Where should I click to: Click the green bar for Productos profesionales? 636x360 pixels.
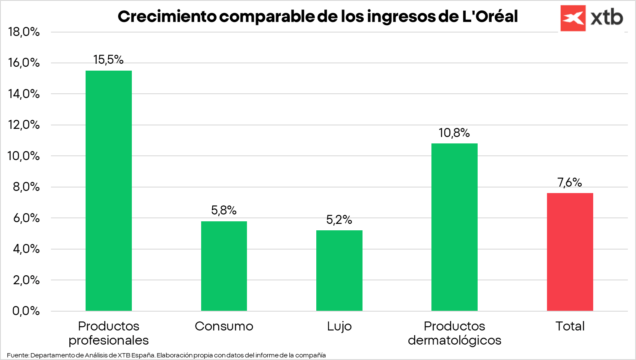click(109, 190)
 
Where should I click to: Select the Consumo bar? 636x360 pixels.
click(224, 266)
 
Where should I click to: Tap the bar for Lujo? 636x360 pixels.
click(339, 271)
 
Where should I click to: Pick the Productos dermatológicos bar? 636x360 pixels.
click(454, 227)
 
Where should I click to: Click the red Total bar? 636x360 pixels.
click(570, 252)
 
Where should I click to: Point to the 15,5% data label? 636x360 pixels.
click(109, 60)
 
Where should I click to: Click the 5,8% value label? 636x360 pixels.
click(224, 210)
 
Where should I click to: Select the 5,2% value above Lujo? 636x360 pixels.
click(339, 220)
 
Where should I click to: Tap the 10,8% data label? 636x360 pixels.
click(454, 133)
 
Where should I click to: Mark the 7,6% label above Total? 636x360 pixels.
click(570, 183)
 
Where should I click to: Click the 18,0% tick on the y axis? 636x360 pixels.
click(24, 32)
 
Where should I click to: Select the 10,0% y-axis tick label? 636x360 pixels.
click(24, 156)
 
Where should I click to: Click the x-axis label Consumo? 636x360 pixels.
click(224, 326)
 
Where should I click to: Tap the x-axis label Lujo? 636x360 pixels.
click(339, 326)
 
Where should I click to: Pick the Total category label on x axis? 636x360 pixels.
click(570, 326)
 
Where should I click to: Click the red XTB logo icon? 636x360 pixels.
click(573, 18)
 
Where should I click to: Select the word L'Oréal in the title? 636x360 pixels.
click(490, 17)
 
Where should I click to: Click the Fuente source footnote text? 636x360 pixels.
click(166, 355)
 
